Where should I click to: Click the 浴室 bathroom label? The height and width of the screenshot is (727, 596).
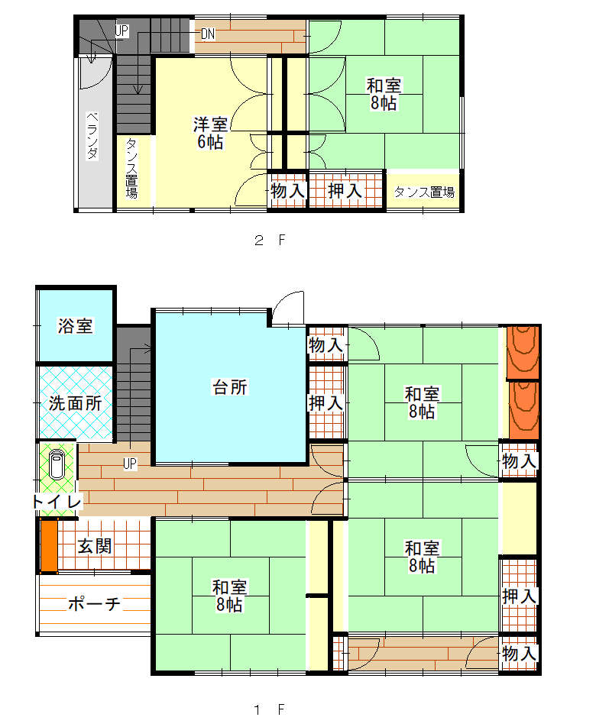75,325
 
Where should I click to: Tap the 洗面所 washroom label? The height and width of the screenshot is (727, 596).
75,403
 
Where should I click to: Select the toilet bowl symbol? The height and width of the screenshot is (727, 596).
57,464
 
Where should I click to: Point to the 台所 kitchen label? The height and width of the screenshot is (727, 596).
230,386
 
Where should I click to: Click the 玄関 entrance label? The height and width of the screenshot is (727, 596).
95,546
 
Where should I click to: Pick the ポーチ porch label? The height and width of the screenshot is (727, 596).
94,603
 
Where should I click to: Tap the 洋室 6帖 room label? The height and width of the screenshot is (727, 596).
211,134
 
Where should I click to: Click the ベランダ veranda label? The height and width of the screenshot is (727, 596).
92,135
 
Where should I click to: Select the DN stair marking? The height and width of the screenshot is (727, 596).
208,34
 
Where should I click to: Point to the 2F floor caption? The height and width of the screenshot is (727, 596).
270,240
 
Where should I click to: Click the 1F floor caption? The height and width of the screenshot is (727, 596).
269,709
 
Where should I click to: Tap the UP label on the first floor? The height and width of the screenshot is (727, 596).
130,464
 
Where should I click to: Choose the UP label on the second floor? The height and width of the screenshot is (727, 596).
121,31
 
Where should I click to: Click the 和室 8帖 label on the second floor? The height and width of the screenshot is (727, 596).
384,94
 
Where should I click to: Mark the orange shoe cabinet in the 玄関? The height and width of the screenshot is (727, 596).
49,545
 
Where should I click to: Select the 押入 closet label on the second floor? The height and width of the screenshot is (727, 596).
345,191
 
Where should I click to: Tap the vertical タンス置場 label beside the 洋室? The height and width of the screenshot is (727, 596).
131,168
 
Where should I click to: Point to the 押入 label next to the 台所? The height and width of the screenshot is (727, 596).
326,403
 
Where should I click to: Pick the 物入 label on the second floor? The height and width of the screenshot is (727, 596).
288,191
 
